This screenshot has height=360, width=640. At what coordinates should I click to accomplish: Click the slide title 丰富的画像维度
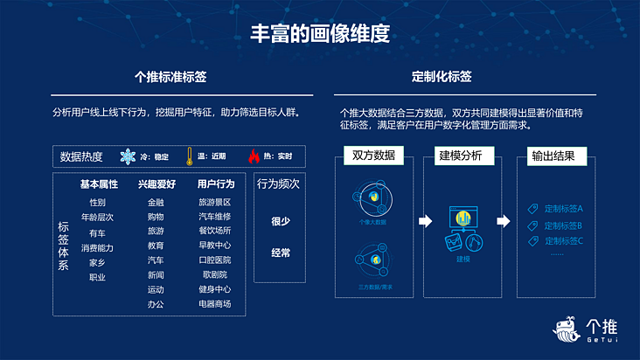coord(320,34)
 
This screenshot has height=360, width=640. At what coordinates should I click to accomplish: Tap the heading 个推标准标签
coord(170,77)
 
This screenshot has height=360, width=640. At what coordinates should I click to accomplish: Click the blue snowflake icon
coord(128,156)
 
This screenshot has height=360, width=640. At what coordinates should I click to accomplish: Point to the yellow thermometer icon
coord(188,156)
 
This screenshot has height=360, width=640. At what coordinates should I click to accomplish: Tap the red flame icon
coord(254,156)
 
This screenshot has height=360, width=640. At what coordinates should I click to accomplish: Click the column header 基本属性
coord(99,184)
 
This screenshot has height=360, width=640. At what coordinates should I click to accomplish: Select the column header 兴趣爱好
coord(157,184)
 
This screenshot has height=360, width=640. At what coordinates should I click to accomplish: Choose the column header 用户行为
coord(215,184)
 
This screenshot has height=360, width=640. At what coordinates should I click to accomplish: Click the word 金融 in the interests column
coord(156,203)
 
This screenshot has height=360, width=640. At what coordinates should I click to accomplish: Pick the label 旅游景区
coord(215,203)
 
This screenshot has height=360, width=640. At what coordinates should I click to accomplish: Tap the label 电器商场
coord(215,304)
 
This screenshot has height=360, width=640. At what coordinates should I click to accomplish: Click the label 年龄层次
coord(97,217)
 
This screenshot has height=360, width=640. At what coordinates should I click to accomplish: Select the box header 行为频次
coord(278,185)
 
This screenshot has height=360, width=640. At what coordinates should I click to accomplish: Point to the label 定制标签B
coord(563,225)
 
